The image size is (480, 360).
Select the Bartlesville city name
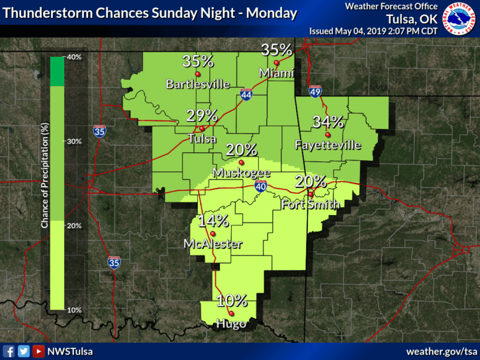pos(197,84)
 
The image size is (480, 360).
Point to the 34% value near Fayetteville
pos(328,122)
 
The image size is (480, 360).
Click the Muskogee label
pos(241,173)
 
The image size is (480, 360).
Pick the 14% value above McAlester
pos(213,221)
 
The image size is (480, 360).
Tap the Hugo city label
pos(231,324)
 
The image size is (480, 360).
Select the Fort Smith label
pos(311,204)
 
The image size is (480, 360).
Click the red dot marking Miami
pos(277,63)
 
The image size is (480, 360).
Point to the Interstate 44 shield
pos(246,95)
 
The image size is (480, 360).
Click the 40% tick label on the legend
pos(73,58)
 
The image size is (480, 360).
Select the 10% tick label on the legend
pos(73,310)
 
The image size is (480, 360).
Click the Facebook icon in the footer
pos(9,351)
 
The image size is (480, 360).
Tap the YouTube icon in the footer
pos(38,351)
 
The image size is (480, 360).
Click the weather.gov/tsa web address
pos(442,351)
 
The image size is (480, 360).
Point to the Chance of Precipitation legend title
pos(44,175)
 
